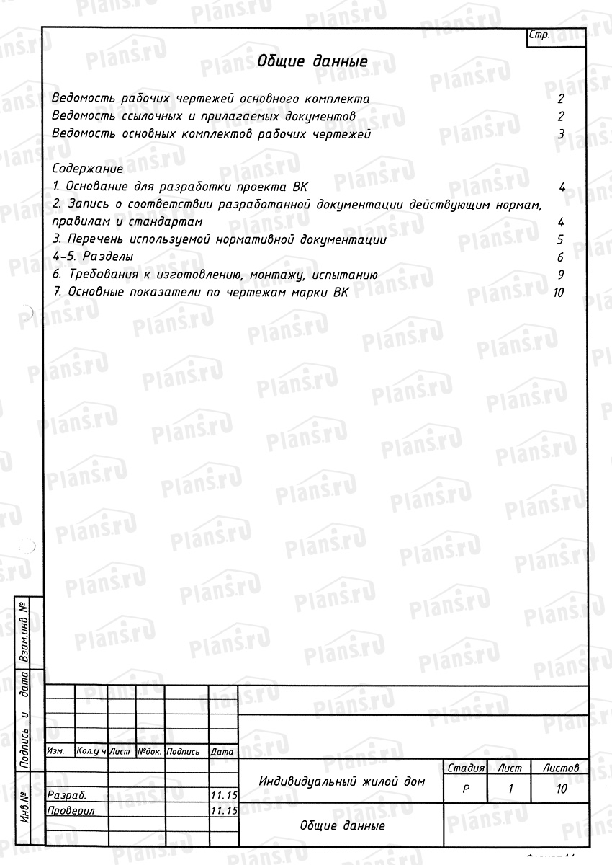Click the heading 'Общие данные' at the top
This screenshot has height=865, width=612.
[x=312, y=61]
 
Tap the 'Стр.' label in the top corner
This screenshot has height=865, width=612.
[x=539, y=35]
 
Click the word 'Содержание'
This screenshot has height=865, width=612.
[x=88, y=169]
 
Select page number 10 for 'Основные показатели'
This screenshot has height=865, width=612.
[x=557, y=293]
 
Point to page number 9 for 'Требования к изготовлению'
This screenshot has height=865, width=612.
[x=560, y=275]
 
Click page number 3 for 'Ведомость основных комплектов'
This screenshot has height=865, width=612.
[x=560, y=134]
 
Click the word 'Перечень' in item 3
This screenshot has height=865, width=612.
[x=94, y=240]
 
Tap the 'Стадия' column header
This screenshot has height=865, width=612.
[x=465, y=768]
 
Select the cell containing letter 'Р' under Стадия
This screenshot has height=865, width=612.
[x=465, y=789]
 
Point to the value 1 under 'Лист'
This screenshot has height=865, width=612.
[x=510, y=789]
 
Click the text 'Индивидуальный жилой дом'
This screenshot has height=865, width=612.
[x=341, y=781]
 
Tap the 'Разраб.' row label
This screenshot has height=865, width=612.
[x=66, y=796]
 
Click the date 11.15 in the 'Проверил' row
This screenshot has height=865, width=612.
[x=223, y=811]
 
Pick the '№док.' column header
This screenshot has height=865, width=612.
[x=150, y=751]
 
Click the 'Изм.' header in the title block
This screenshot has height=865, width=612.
[x=55, y=751]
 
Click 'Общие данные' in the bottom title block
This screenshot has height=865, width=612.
[x=342, y=826]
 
